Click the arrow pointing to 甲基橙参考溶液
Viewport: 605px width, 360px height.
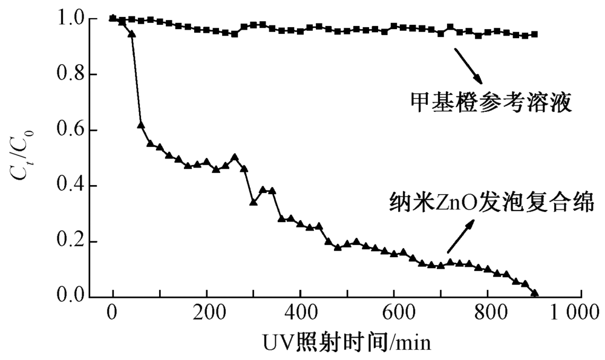(468, 67)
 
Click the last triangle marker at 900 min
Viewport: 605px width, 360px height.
(535, 293)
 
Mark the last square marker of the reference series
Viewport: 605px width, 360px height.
(535, 34)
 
